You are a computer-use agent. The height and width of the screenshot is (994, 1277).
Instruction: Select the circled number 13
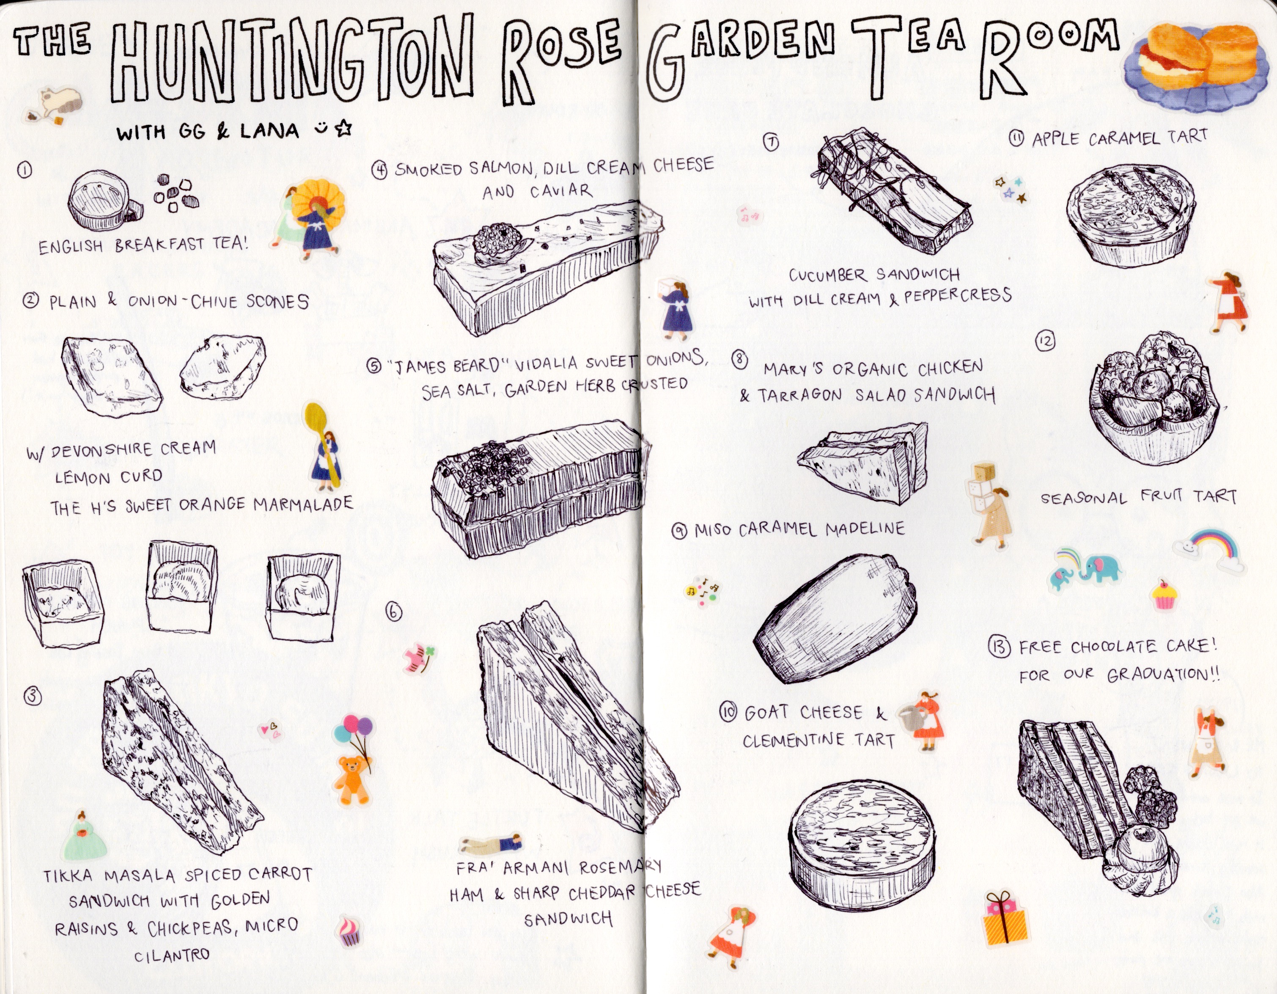998,647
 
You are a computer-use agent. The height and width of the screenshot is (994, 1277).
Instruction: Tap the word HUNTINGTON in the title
291,61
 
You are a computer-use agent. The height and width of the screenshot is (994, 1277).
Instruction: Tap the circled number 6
394,612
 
